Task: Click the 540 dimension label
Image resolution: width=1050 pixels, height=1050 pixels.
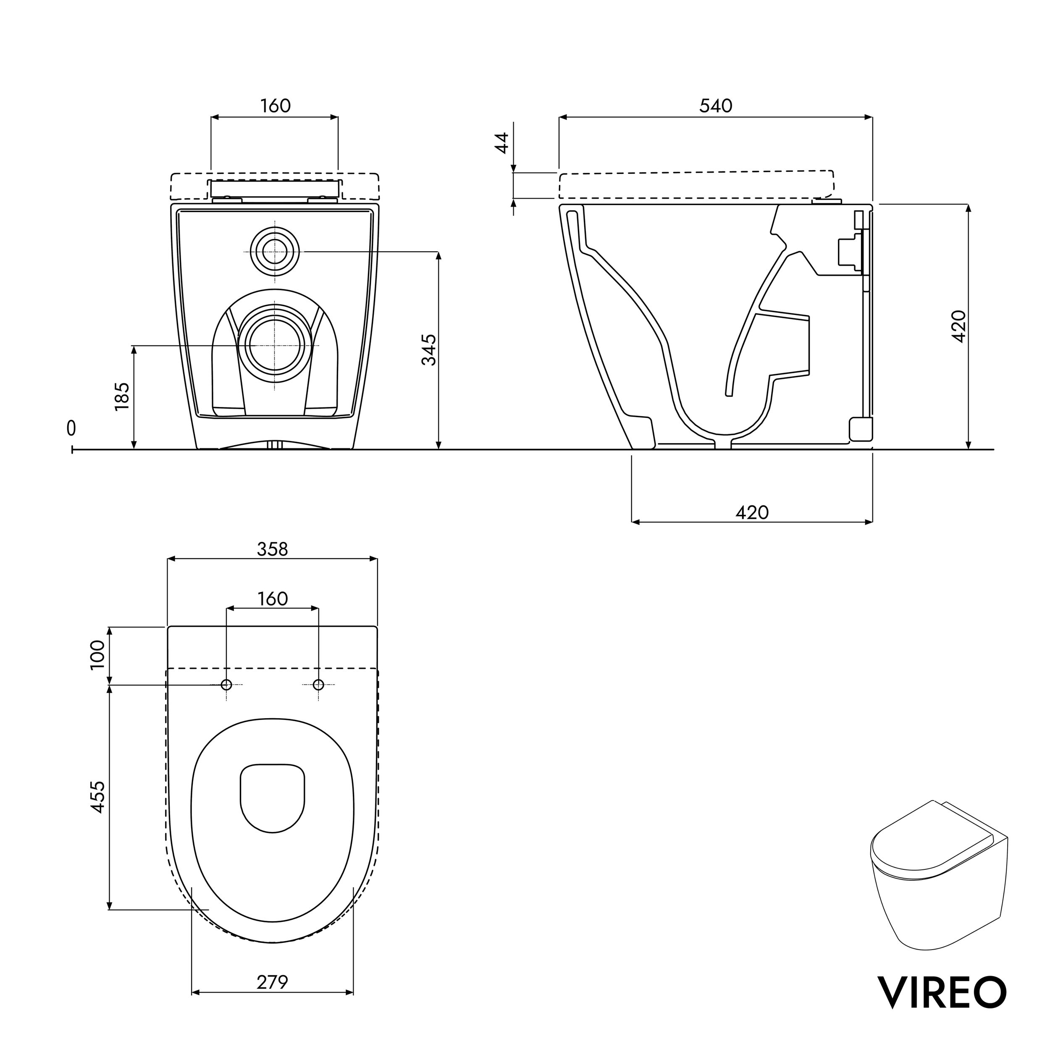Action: (x=715, y=106)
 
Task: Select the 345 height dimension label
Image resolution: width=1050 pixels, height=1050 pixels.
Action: (x=429, y=349)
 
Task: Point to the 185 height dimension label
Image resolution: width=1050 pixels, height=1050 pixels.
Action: (x=122, y=396)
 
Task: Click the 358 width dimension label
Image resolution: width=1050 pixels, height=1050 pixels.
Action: (x=272, y=549)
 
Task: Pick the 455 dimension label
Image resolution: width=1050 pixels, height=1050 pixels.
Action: (x=97, y=797)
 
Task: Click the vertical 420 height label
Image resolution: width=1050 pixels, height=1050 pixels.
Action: (x=959, y=326)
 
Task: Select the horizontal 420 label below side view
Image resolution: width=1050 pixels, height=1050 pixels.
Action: (x=752, y=512)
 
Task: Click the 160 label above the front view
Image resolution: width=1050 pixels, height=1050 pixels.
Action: (x=275, y=106)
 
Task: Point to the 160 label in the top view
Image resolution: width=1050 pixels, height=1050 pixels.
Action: (x=272, y=599)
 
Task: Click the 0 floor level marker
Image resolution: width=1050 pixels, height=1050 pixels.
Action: (x=71, y=428)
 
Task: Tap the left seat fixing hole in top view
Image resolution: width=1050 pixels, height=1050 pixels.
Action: (x=227, y=685)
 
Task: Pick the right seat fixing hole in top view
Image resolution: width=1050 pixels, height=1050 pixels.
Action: (x=318, y=685)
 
